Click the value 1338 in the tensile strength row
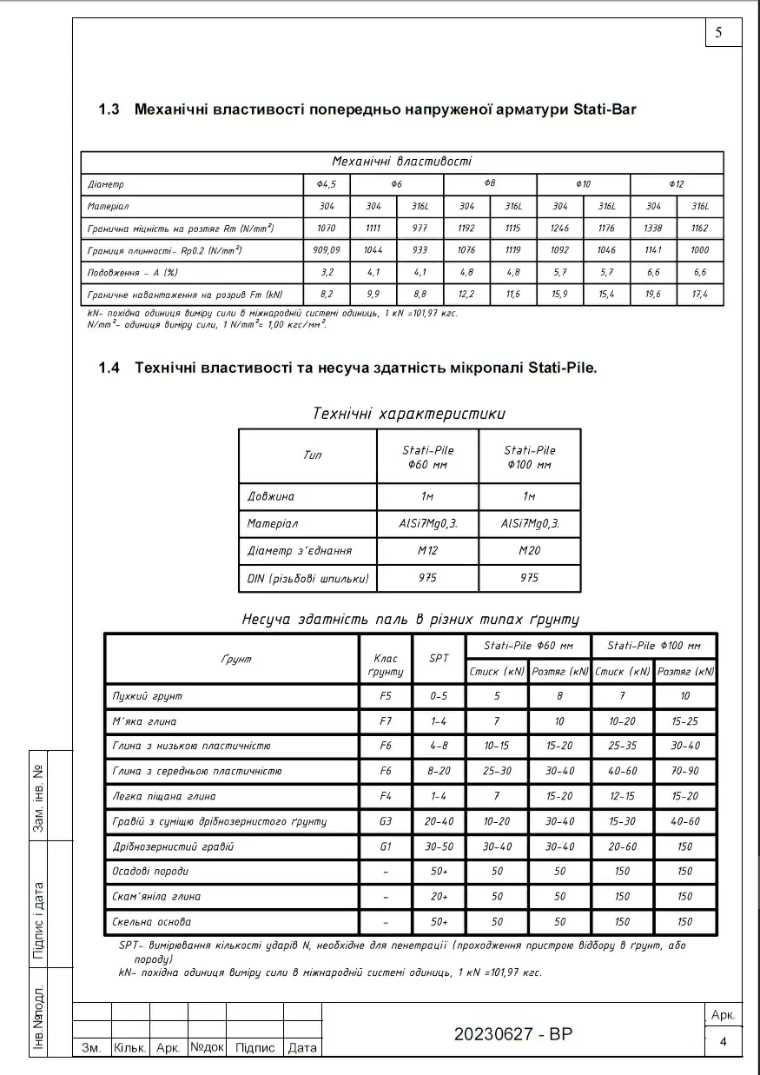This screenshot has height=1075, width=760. (x=653, y=229)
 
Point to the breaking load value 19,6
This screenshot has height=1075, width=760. (x=653, y=295)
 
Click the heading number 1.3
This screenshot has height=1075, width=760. (x=109, y=109)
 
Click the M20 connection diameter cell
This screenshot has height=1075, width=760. (x=529, y=551)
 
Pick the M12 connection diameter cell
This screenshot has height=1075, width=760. (x=427, y=551)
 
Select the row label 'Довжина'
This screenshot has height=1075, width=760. (x=271, y=497)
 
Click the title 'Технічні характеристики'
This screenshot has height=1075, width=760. (x=408, y=414)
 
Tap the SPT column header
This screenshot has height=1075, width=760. (x=439, y=659)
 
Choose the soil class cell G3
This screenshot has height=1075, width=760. (x=386, y=821)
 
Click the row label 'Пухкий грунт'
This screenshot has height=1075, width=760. (x=148, y=696)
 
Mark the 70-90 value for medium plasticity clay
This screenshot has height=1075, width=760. (x=685, y=771)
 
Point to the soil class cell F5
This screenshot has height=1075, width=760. (x=386, y=696)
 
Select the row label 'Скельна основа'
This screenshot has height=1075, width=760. (x=152, y=921)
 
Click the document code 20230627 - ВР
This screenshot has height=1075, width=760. (x=513, y=1034)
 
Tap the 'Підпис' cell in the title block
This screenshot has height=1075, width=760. (x=255, y=1048)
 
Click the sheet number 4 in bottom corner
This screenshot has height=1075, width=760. (x=723, y=1041)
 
